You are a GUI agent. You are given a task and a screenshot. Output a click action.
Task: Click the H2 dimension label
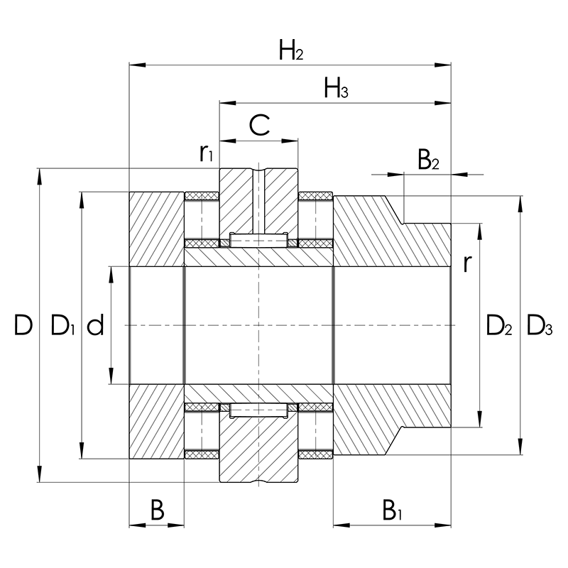click(x=291, y=50)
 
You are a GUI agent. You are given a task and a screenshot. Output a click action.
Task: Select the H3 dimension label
click(x=336, y=89)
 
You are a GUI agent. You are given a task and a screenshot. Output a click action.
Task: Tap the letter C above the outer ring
click(x=260, y=126)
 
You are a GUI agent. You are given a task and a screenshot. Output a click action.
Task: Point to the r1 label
click(x=207, y=152)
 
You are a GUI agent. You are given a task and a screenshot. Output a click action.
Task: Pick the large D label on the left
click(x=23, y=326)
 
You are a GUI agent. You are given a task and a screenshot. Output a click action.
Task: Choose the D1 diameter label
click(x=63, y=326)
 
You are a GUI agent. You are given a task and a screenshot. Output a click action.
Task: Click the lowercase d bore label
click(x=96, y=326)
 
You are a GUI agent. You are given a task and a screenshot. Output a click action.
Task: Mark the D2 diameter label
click(x=499, y=326)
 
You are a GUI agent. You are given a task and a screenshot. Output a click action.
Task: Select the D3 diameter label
click(x=540, y=326)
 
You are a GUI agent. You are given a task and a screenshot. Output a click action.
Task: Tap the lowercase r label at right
click(x=466, y=263)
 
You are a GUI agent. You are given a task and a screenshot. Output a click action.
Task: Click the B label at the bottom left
click(x=158, y=509)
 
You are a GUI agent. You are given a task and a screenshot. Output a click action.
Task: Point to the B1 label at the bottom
click(x=393, y=509)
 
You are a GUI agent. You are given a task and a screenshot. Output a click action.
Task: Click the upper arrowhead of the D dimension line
click(x=40, y=175)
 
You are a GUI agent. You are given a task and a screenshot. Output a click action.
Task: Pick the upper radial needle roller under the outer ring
click(x=258, y=241)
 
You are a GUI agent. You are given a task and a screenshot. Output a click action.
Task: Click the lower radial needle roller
click(x=258, y=410)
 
